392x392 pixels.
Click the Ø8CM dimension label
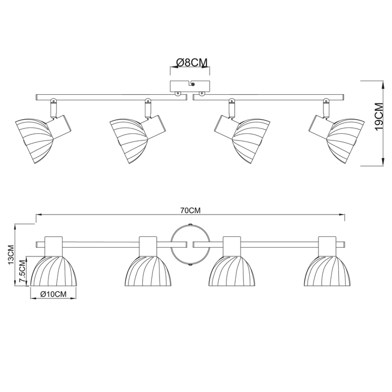[192, 62]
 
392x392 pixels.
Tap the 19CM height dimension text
[379, 117]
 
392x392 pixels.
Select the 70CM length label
[191, 211]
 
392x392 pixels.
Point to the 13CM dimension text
[10, 255]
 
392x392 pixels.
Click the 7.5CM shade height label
[22, 271]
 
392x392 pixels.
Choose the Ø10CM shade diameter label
[53, 294]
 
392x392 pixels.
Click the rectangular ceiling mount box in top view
[190, 86]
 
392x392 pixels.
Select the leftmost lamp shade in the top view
[34, 141]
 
